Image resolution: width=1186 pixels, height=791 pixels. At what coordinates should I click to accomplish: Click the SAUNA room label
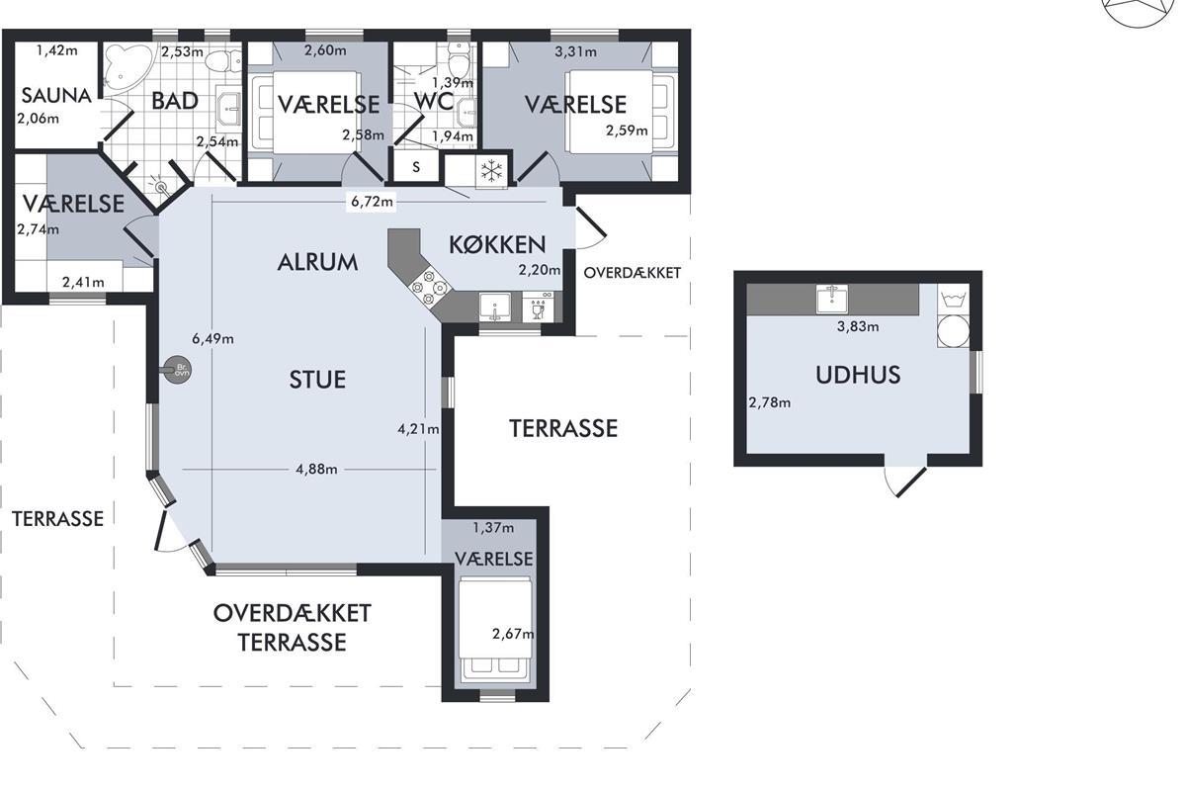tap(56, 96)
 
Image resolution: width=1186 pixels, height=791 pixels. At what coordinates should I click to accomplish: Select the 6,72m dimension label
tap(372, 202)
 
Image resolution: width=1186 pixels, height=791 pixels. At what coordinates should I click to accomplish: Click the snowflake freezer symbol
tap(492, 172)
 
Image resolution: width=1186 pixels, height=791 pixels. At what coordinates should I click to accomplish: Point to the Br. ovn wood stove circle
tap(177, 369)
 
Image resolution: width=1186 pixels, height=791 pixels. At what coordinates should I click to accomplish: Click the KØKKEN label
tap(497, 245)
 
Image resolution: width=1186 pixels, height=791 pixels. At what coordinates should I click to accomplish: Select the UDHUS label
tap(858, 375)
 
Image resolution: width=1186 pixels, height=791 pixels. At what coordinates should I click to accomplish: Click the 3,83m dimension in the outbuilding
tap(858, 326)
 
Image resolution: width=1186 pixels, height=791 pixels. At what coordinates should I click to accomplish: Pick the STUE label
tap(317, 380)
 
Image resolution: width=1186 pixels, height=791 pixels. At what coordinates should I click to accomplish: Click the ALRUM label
tap(317, 263)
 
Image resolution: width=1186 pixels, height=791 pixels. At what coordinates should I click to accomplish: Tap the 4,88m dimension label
tap(316, 470)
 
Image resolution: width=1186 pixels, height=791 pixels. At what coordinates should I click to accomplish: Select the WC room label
tap(434, 101)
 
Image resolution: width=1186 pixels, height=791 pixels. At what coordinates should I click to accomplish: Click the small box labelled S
tap(416, 167)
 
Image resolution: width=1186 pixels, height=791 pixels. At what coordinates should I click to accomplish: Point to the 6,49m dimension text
tap(212, 338)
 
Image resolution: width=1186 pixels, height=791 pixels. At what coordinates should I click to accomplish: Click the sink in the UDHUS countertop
tap(832, 300)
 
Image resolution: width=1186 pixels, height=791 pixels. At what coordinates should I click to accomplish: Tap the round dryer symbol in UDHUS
tap(953, 331)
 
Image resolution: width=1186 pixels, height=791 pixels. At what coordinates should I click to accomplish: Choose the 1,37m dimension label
tap(493, 528)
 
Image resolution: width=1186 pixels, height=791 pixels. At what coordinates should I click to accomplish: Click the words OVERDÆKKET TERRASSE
tap(292, 628)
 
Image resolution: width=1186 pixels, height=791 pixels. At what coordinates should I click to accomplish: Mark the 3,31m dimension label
tap(575, 52)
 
